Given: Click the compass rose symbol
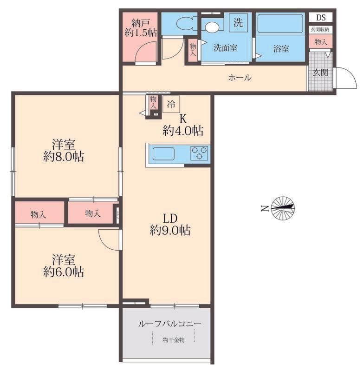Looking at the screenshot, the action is pyautogui.click(x=283, y=208).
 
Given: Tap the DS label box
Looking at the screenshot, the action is pyautogui.click(x=321, y=18).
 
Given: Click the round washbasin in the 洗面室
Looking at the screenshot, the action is pyautogui.click(x=213, y=27).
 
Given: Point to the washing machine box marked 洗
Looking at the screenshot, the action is pyautogui.click(x=238, y=22).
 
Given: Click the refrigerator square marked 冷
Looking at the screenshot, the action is pyautogui.click(x=171, y=104).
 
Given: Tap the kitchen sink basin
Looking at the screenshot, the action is pyautogui.click(x=163, y=153).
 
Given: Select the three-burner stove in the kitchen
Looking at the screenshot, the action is pyautogui.click(x=199, y=153).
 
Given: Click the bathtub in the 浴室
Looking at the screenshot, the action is pyautogui.click(x=280, y=24).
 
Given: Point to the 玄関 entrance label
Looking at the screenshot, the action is pyautogui.click(x=320, y=73).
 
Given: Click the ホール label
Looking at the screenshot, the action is pyautogui.click(x=240, y=77).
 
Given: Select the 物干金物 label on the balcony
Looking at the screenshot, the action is pyautogui.click(x=174, y=340).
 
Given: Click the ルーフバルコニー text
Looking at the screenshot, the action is pyautogui.click(x=169, y=324).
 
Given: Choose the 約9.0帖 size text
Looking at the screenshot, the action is pyautogui.click(x=170, y=230).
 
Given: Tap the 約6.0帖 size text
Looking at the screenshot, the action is pyautogui.click(x=64, y=272).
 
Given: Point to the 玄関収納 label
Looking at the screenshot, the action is pyautogui.click(x=320, y=30).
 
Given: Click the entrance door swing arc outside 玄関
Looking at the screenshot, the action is pyautogui.click(x=349, y=75).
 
